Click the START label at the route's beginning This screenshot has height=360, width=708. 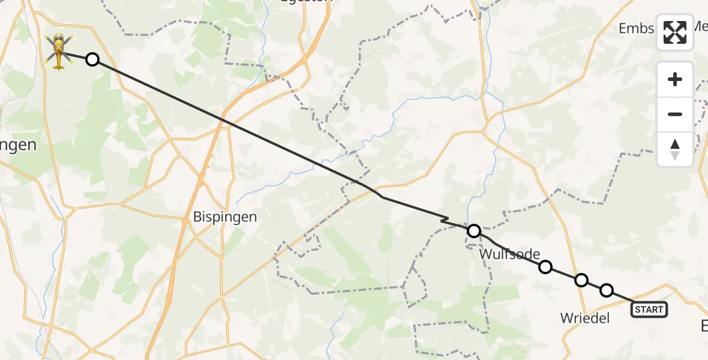coord(649,310)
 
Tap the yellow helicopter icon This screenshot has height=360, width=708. coord(58,51)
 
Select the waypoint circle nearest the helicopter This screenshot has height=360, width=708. coord(92,59)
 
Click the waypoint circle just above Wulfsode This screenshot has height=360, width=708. coord(474,231)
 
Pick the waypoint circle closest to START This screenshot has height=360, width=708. coord(607,290)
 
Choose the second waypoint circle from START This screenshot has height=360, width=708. coord(581,280)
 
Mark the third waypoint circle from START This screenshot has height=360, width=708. coord(545,266)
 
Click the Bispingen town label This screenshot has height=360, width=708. coord(225,217)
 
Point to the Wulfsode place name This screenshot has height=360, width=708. coord(509,254)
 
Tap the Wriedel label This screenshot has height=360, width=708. coord(584,317)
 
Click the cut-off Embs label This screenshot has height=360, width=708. coord(637,29)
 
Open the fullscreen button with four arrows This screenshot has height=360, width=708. coord(675,32)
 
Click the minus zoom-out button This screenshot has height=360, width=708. coord(675,114)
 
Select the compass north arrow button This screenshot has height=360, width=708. coord(675,149)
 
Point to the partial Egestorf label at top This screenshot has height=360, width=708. coord(305,2)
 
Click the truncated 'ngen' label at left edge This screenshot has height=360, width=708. coord(18,145)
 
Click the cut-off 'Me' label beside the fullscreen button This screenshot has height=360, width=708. coord(700,27)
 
